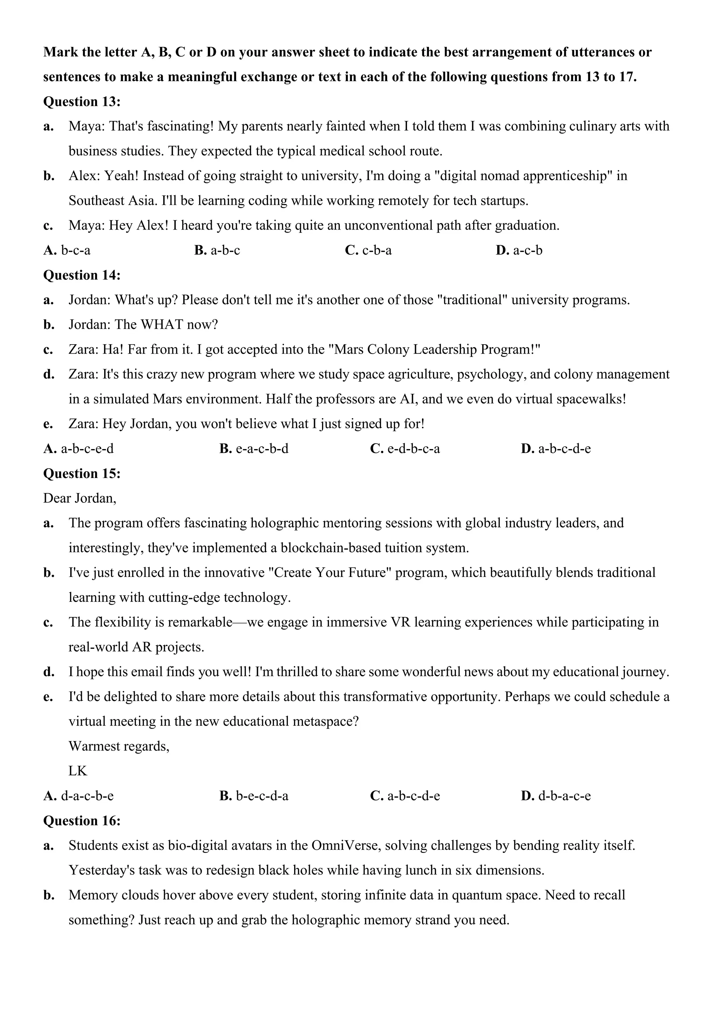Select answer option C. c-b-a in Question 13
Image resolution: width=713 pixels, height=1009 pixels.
coord(368,251)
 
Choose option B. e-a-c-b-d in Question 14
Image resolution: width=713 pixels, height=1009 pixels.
coord(254,449)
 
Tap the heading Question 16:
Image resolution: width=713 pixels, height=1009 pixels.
coord(82,821)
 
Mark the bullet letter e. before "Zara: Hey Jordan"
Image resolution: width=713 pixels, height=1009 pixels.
coord(48,424)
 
